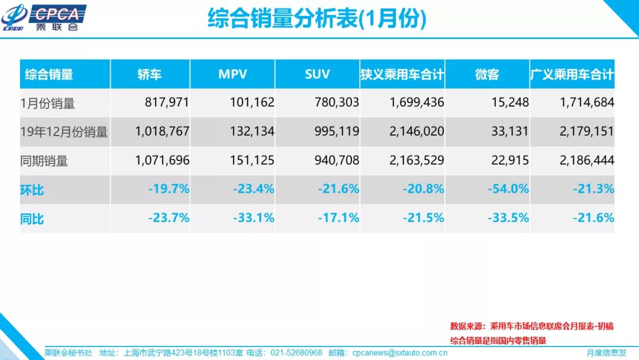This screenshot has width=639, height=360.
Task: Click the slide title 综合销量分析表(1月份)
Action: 317,19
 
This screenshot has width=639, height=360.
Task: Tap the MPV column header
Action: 233,75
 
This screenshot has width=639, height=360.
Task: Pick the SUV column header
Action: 317,75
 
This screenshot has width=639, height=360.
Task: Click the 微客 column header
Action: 487,75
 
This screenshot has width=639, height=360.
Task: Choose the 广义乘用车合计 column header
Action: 572,75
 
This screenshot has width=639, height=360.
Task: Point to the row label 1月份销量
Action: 48,104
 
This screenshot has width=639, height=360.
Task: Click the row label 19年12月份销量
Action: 64,132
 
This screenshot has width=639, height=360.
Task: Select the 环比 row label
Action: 33,191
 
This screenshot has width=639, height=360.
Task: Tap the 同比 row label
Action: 33,219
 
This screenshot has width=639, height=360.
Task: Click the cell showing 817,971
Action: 167,103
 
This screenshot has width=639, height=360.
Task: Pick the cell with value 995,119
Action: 337,131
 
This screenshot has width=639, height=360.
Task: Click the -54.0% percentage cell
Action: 508,189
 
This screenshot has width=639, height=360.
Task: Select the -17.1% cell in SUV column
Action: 338,218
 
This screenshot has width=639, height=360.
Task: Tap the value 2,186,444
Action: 587,160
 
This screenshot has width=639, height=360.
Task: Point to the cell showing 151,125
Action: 252,160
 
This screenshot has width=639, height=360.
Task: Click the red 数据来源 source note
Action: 531,326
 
